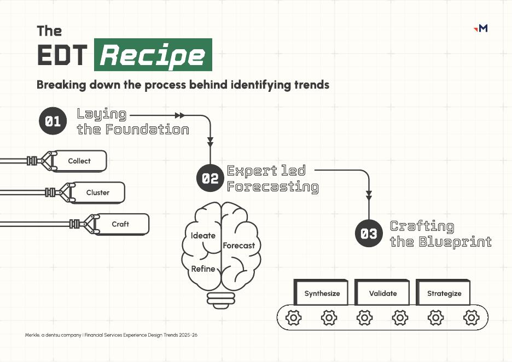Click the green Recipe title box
(153, 55)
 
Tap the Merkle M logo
(481, 28)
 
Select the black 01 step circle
(53, 121)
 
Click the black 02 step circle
(210, 178)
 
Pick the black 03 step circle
(369, 233)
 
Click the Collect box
(79, 161)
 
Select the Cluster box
(98, 192)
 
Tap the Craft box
(120, 224)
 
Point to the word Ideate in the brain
(203, 236)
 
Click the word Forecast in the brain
(238, 246)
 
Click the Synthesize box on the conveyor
(322, 293)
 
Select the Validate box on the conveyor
(383, 293)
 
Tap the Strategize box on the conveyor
(444, 293)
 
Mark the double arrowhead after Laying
(179, 115)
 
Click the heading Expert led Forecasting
(272, 178)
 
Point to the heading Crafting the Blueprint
(440, 233)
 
